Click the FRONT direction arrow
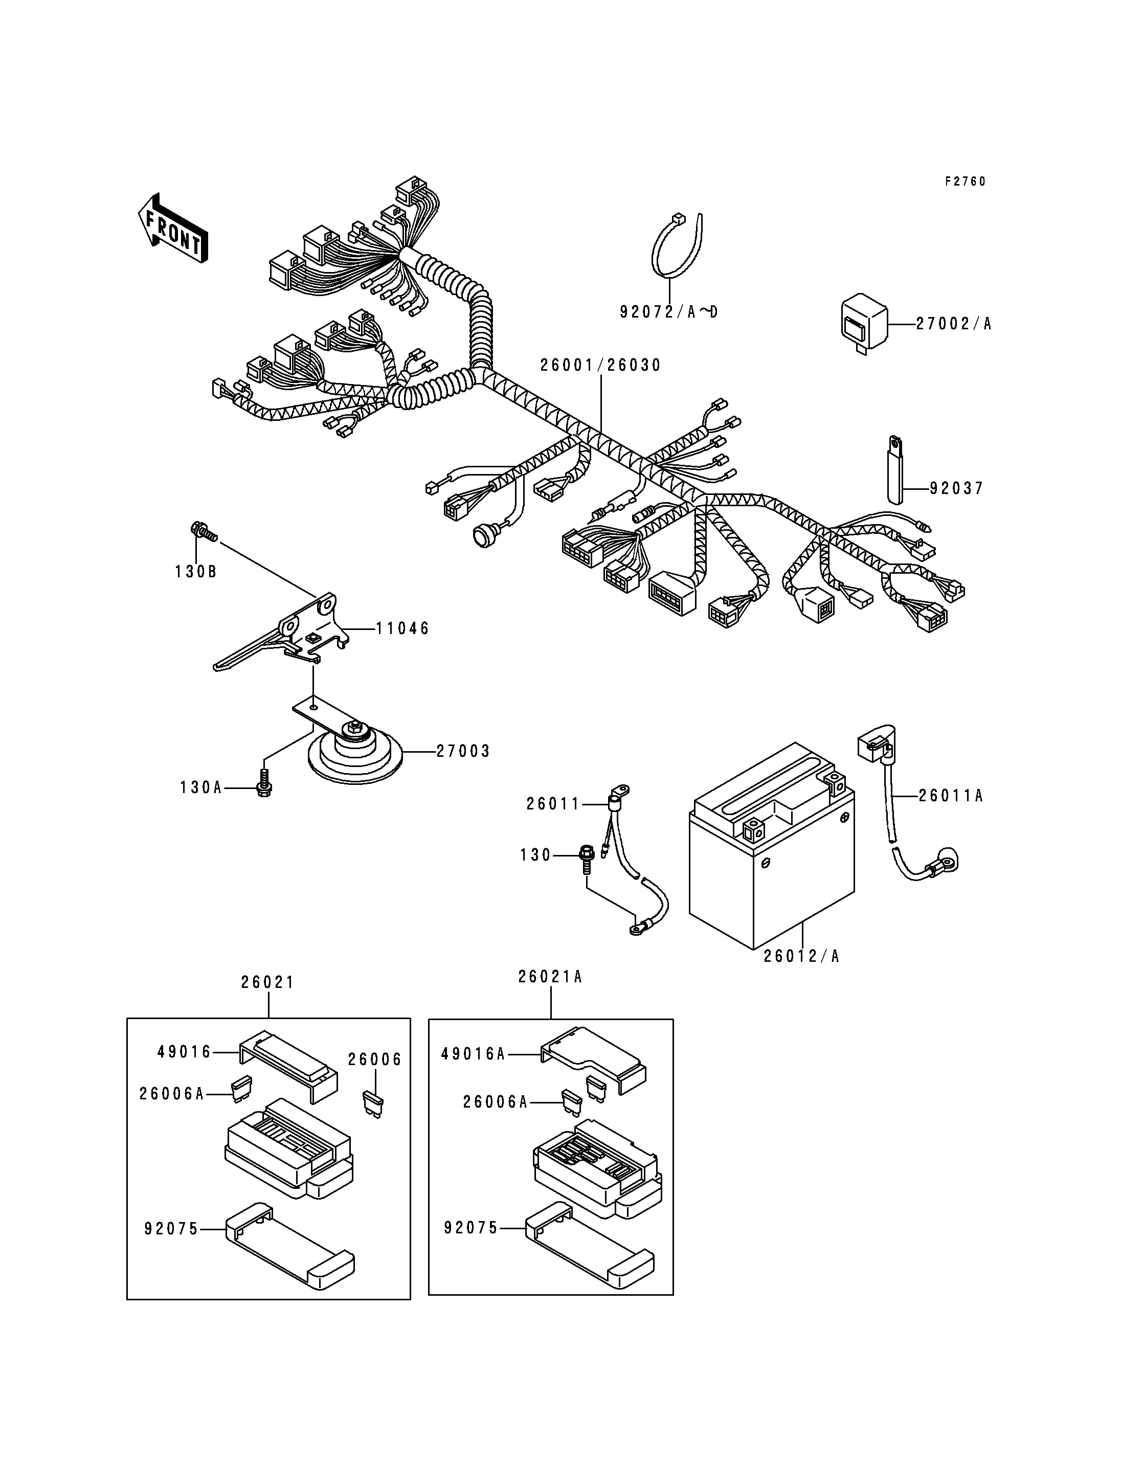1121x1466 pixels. tap(173, 228)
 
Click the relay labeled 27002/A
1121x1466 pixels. tap(863, 322)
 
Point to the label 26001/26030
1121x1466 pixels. tap(600, 365)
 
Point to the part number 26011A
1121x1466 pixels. tap(951, 796)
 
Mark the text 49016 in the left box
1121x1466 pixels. tap(184, 1052)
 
